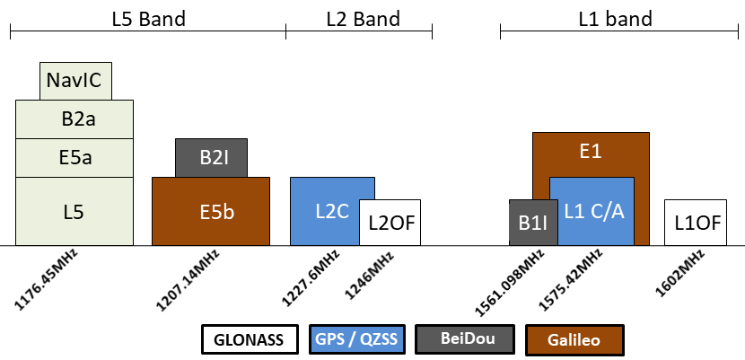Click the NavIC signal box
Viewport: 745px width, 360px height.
[x=76, y=81]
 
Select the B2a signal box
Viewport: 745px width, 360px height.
[x=74, y=119]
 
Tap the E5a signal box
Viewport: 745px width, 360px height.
[x=74, y=158]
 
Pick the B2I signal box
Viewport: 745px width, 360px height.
[x=211, y=158]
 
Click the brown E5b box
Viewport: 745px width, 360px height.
[x=211, y=212]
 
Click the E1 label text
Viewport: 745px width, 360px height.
[x=590, y=152]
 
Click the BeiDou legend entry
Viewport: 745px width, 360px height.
[x=463, y=340]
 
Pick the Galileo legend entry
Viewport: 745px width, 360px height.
[x=574, y=340]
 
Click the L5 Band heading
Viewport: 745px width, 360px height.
[x=148, y=18]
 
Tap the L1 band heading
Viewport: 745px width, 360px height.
[x=616, y=18]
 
